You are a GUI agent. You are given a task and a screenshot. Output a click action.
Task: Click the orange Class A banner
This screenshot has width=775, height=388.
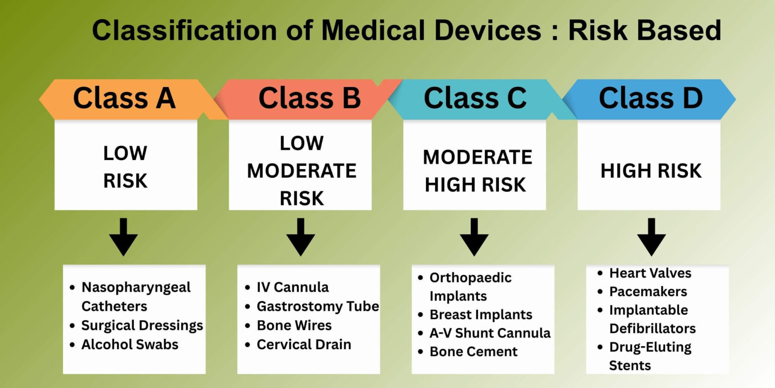(x=124, y=99)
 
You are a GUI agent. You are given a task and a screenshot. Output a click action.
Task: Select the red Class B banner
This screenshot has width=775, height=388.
(x=309, y=99)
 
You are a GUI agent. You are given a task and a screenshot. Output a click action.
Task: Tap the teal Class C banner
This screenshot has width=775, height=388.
(x=475, y=99)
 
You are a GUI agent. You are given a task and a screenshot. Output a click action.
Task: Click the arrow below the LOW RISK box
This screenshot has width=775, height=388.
(x=124, y=237)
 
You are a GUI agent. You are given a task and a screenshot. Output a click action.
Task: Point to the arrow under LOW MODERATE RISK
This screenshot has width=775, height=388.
(x=301, y=237)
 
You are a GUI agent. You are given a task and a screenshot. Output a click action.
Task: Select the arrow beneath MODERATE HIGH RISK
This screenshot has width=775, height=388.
(x=474, y=237)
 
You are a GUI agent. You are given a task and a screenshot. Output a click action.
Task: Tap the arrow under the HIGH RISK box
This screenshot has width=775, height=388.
(x=651, y=237)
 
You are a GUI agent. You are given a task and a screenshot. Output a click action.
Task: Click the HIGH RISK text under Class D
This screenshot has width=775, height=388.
(x=651, y=171)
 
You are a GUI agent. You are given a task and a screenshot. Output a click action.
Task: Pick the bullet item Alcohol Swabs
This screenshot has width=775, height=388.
(x=130, y=345)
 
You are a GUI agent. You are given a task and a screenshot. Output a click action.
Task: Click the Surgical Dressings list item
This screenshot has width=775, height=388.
(x=142, y=325)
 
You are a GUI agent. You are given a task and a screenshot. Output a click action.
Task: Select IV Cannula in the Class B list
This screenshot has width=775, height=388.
(x=293, y=287)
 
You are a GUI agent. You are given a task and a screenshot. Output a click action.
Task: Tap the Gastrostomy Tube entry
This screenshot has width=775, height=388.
(x=317, y=306)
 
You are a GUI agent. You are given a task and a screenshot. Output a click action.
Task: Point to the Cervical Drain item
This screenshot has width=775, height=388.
(x=304, y=345)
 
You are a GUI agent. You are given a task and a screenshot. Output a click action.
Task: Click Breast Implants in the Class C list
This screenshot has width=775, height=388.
(x=480, y=314)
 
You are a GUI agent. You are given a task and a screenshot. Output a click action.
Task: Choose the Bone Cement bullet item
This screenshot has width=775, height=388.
(x=473, y=352)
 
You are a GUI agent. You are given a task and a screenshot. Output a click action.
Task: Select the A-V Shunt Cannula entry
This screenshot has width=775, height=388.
(x=489, y=333)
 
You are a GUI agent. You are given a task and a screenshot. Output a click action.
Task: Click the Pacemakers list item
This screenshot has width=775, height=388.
(x=648, y=292)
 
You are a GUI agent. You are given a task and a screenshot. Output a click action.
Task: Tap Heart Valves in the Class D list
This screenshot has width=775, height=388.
(x=650, y=273)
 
